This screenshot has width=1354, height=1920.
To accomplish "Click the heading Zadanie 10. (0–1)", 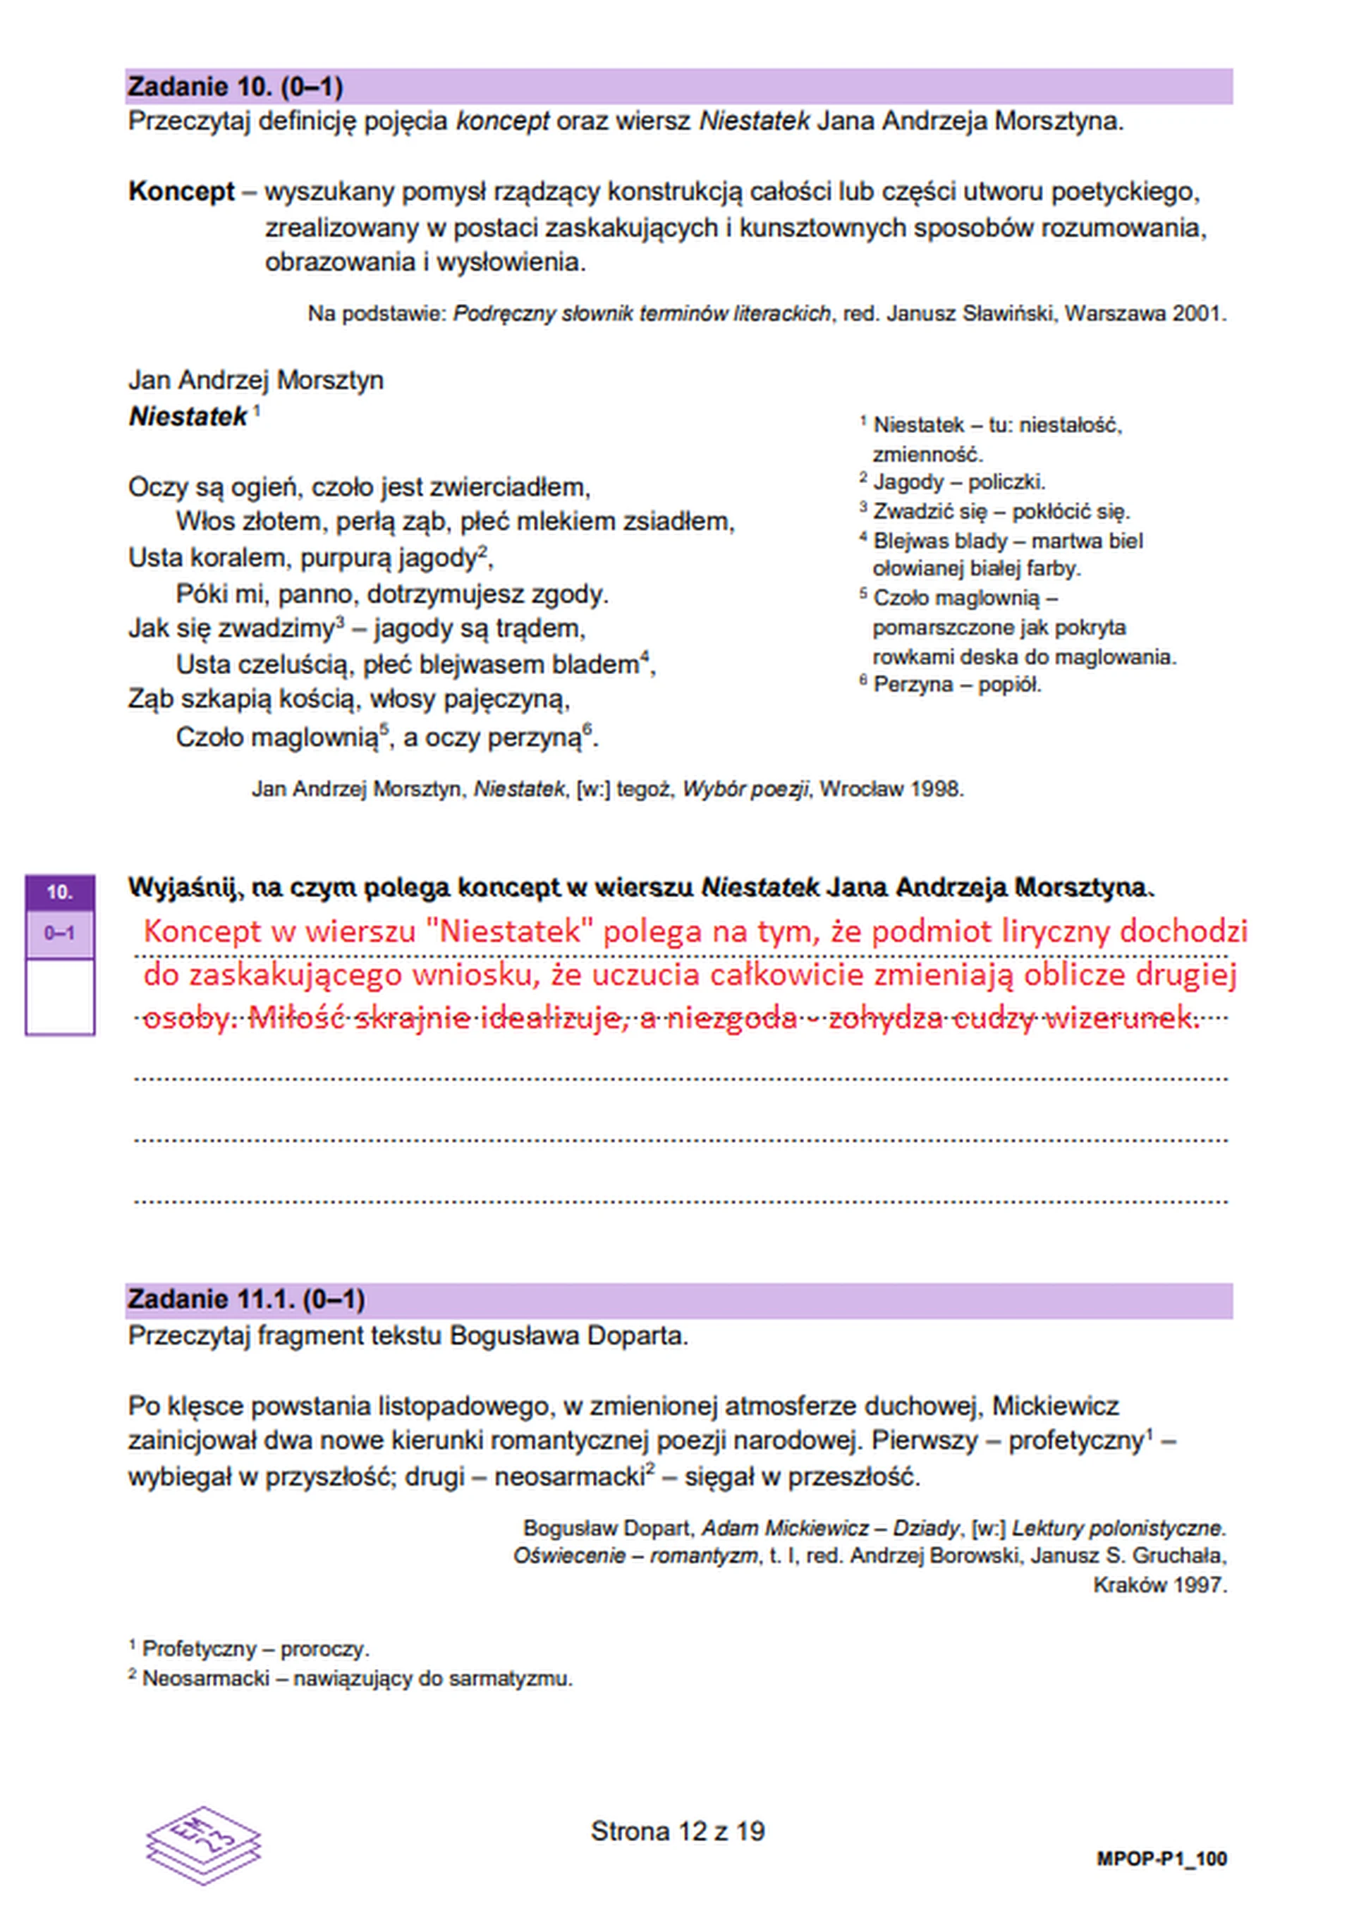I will coord(235,87).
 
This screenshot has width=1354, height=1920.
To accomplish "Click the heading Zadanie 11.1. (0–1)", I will coord(246,1299).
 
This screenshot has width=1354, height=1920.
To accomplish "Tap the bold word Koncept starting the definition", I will coord(181,192).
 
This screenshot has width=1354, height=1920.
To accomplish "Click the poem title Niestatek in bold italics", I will coord(188,417).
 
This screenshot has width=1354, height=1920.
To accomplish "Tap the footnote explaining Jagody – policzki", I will coord(958,482).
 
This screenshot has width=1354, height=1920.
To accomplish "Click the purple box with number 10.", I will coord(59,892).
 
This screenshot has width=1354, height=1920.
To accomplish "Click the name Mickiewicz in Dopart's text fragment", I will coord(1056,1406).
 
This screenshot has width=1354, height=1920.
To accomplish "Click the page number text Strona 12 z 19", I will coord(678,1831).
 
